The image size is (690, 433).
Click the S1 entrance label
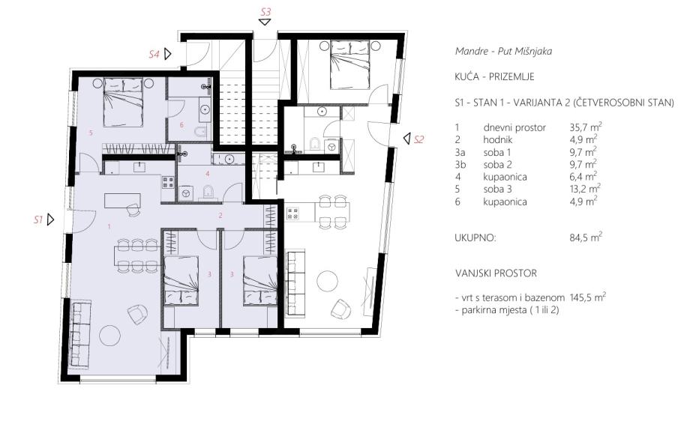coord(38,219)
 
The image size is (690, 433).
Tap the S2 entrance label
coord(419,140)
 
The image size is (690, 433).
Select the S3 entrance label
coord(265,12)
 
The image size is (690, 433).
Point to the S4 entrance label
coord(154,55)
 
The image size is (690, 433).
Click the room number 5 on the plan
coord(91,133)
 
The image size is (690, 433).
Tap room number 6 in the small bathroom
coord(181,125)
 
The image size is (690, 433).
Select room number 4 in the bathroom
coord(207,174)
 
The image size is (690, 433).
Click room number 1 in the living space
coord(109,227)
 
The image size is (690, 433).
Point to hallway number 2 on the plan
coord(221,216)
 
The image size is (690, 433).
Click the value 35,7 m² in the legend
coord(586,127)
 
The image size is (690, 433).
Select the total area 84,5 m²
coord(586,237)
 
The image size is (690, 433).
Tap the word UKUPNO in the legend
coord(475,238)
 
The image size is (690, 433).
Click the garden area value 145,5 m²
coord(588,297)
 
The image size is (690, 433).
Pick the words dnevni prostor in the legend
coord(514,128)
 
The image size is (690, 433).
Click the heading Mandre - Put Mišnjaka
coord(503,51)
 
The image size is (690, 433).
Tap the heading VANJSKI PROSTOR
coord(496,273)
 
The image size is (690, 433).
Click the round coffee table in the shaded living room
coord(110,336)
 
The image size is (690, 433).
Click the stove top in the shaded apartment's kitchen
coord(168,183)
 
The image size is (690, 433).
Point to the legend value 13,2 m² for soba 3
coord(585,189)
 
